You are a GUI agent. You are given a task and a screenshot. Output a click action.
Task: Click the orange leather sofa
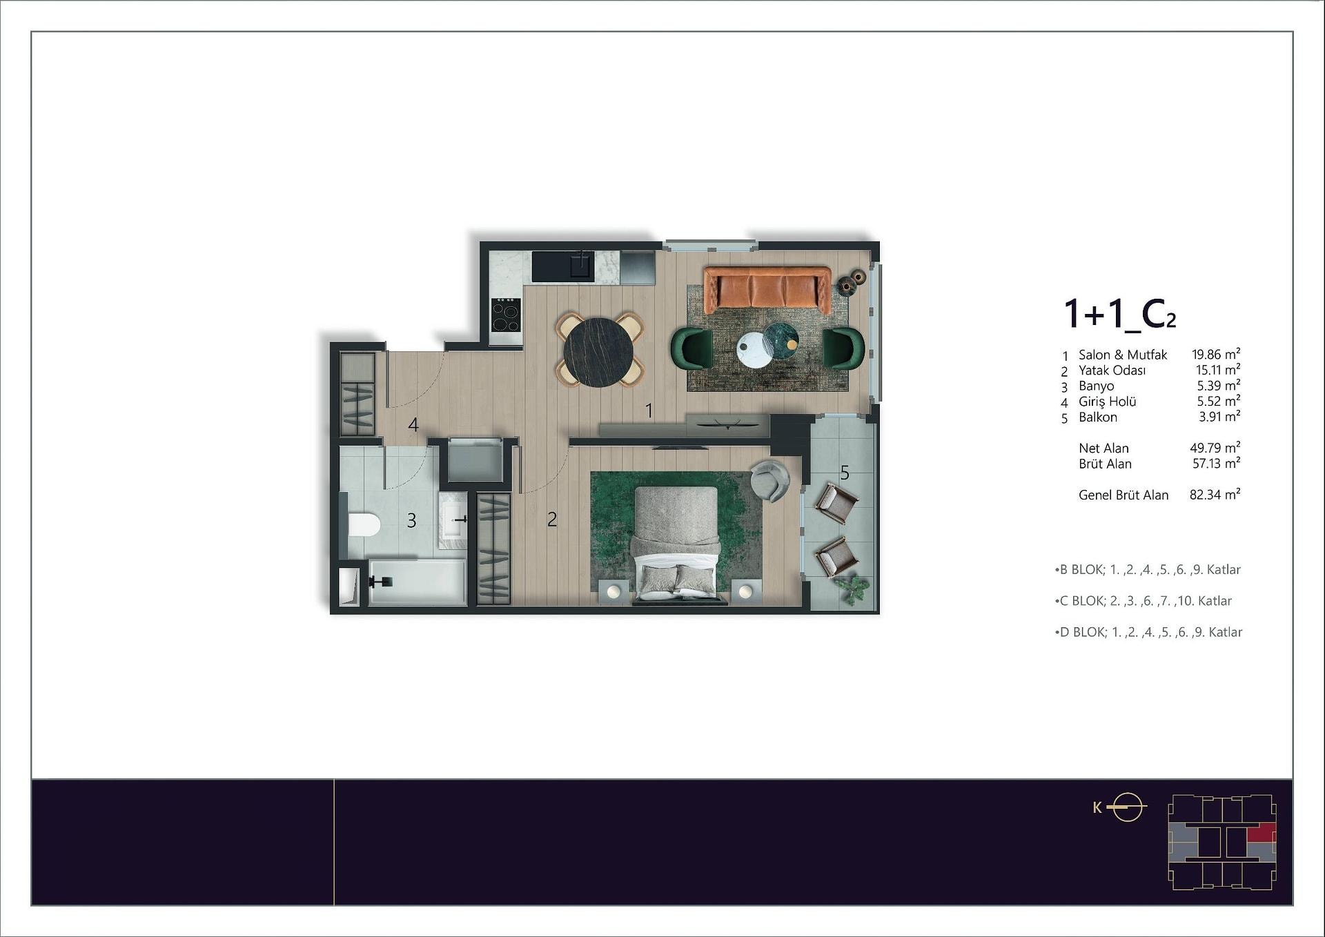[767, 289]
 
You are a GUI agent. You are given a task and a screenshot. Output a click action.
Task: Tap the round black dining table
[598, 351]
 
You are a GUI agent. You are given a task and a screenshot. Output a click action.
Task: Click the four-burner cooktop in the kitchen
[505, 315]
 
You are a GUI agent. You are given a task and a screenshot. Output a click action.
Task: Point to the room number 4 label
[413, 425]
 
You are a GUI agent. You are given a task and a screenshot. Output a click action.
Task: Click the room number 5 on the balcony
[845, 473]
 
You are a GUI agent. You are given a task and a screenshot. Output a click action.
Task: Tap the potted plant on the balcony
[853, 589]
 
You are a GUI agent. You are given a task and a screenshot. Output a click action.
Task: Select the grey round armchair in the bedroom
[769, 480]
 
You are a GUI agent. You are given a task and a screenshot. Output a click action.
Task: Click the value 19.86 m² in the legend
[1216, 355]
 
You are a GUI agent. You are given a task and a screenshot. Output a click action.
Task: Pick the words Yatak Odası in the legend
[1112, 371]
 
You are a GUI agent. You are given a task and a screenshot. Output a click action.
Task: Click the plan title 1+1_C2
[1119, 314]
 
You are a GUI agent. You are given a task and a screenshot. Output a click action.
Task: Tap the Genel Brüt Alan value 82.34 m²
[1215, 495]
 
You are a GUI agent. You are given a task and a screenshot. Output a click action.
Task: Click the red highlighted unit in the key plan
[1261, 834]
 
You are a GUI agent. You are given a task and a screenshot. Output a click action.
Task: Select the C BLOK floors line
[1144, 601]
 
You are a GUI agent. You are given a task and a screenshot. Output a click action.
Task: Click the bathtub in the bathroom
[417, 582]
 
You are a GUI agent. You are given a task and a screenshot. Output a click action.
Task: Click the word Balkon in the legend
[1098, 417]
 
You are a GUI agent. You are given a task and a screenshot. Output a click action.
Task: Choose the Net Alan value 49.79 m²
[1215, 448]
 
